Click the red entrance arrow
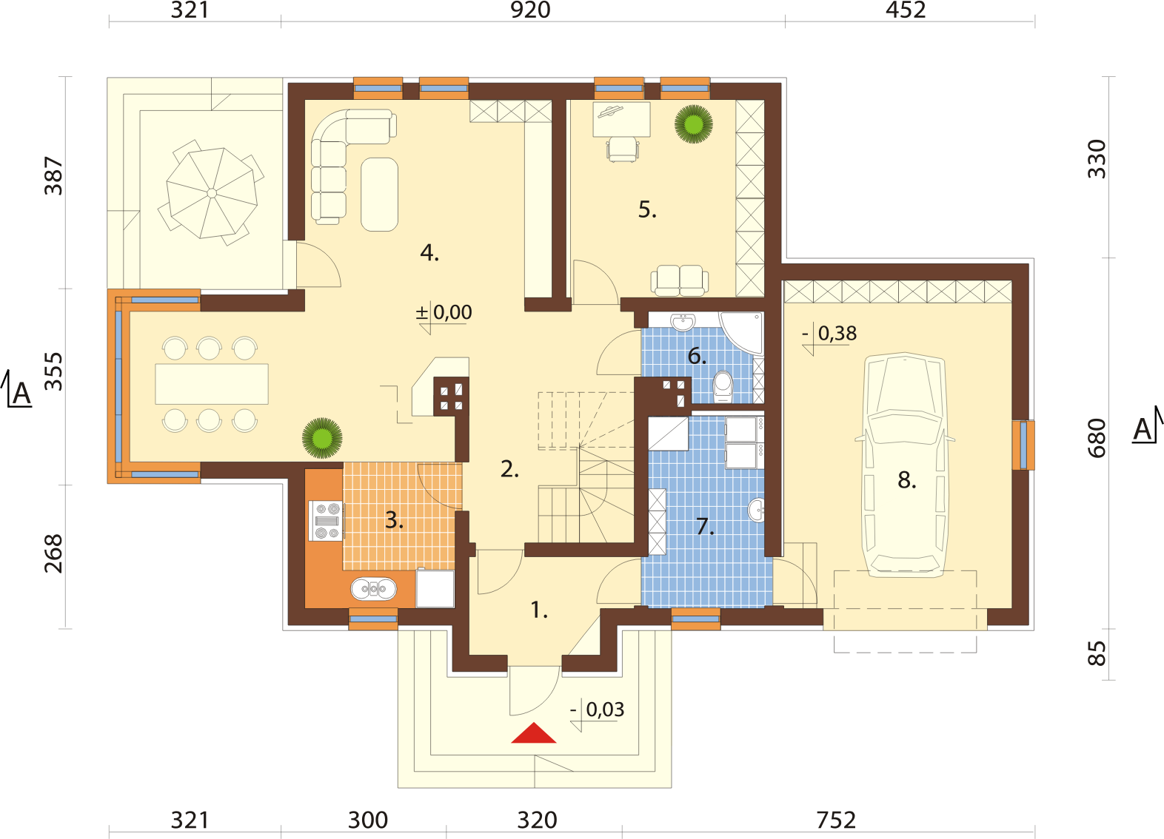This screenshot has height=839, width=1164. (x=534, y=733)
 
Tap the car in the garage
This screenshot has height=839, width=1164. (x=906, y=465)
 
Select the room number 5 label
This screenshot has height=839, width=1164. (x=647, y=210)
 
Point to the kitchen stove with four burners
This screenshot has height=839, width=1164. (x=327, y=521)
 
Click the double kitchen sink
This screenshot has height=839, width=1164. (x=374, y=589)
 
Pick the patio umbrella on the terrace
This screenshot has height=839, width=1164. (x=212, y=193)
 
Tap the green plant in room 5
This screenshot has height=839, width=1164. (x=693, y=124)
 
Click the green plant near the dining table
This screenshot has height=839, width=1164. (x=322, y=438)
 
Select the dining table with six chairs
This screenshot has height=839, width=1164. (x=212, y=384)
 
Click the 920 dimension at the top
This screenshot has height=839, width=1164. (x=530, y=10)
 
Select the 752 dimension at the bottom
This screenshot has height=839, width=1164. (x=835, y=821)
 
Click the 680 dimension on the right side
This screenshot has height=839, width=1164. (x=1097, y=438)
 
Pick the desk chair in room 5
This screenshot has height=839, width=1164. (x=623, y=149)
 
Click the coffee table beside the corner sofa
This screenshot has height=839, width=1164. (x=379, y=194)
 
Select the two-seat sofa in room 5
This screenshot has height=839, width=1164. (x=679, y=280)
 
